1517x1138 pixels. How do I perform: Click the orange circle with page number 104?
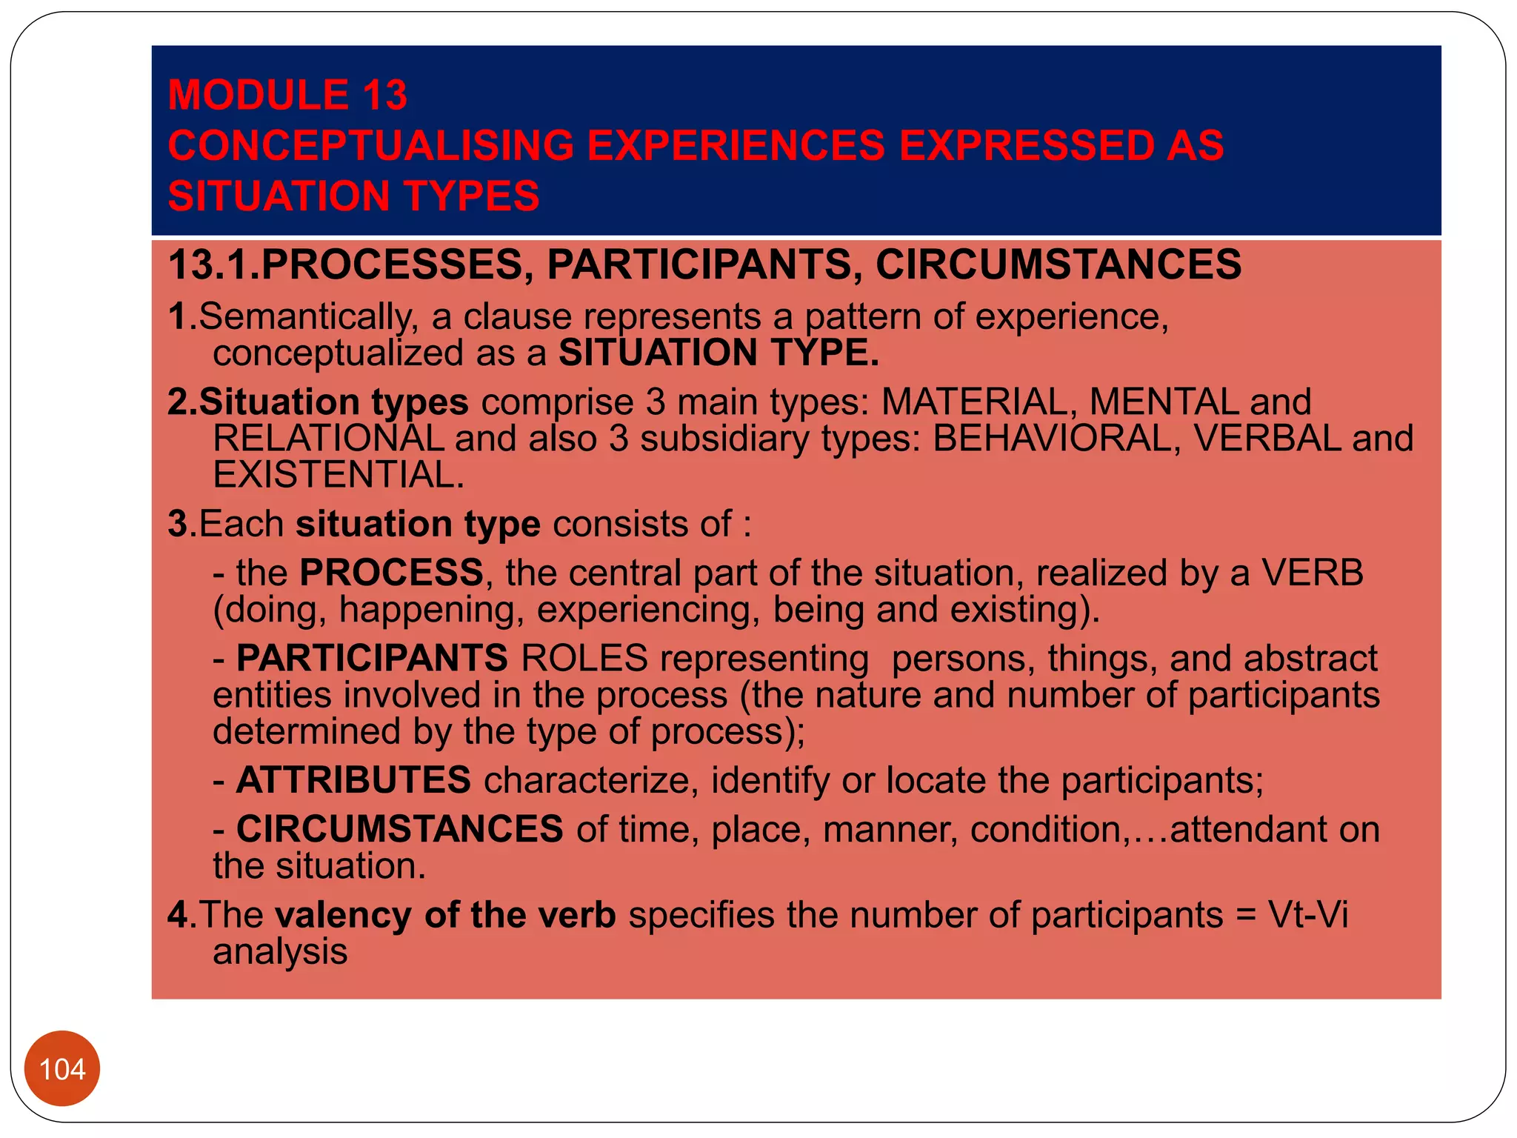click(62, 1068)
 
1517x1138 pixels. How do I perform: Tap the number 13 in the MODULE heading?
click(384, 95)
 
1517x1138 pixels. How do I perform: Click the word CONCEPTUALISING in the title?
click(370, 145)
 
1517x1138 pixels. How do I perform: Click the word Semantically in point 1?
click(304, 317)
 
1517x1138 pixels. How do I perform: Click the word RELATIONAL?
click(327, 439)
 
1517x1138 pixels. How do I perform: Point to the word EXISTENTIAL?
click(338, 475)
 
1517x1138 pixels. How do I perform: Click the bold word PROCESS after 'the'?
click(391, 573)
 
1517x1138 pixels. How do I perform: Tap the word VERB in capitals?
click(1312, 573)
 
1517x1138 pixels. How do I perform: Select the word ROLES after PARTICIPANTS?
click(584, 659)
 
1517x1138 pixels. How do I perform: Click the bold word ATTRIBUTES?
click(353, 780)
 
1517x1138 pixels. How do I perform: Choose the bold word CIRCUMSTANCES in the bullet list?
click(399, 829)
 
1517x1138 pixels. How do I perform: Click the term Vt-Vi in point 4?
click(1307, 915)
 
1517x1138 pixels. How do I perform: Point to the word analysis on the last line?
click(280, 951)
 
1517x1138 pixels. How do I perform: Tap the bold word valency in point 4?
click(343, 916)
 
